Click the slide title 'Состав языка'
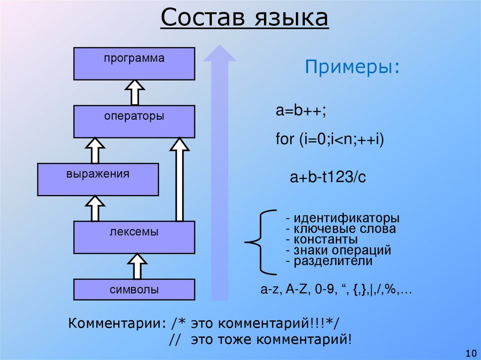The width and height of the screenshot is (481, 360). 244,20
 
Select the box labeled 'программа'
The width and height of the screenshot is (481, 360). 134,63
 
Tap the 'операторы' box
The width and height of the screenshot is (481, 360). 134,121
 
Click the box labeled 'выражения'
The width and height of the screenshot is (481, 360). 98,179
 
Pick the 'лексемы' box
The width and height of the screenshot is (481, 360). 134,237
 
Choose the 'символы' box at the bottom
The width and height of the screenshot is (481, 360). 134,290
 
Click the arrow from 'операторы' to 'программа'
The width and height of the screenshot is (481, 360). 134,92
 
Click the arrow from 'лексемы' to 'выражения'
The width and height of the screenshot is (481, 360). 95,208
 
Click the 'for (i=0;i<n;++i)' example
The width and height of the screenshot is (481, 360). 330,140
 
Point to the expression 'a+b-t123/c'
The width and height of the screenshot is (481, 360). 327,177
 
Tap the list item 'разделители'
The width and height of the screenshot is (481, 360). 328,261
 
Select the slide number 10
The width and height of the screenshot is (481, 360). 470,352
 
